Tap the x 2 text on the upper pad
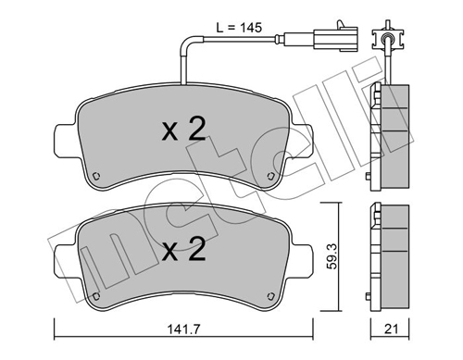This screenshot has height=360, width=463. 183,130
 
